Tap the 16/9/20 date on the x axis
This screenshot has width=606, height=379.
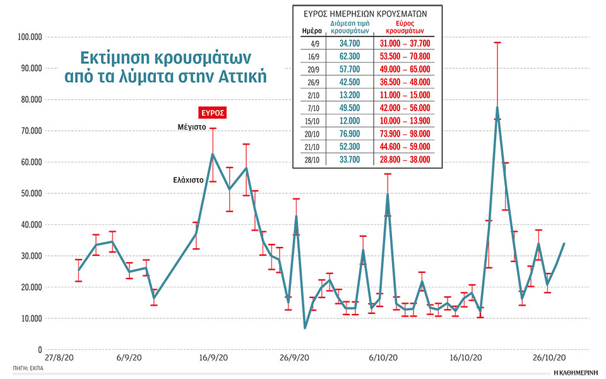click(213, 357)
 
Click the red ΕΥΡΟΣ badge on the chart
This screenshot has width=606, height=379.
click(212, 113)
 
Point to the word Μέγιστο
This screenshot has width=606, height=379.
click(192, 127)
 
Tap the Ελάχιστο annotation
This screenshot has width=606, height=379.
click(188, 179)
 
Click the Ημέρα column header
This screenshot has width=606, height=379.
click(307, 30)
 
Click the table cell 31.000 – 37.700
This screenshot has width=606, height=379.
click(405, 43)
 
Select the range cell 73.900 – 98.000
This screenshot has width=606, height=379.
click(405, 134)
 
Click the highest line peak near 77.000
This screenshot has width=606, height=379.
click(497, 107)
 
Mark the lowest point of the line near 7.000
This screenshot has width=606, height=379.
click(305, 328)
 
